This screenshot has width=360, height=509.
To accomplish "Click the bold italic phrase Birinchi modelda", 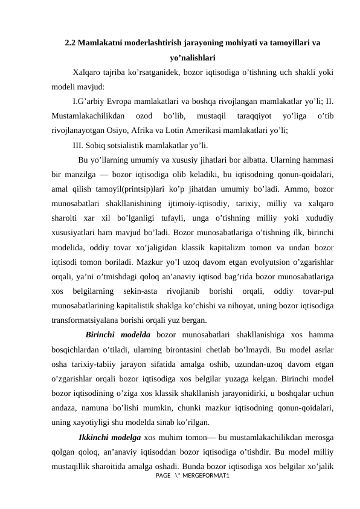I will (118, 335).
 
